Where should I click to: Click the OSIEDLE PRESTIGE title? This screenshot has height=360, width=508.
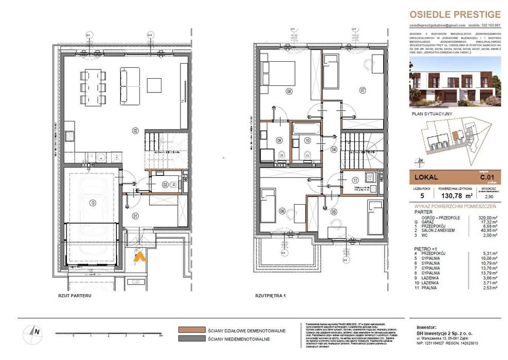(454, 14)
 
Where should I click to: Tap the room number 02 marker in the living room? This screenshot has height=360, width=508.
(136, 131)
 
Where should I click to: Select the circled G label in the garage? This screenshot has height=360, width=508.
(93, 203)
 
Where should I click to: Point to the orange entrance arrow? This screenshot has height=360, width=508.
(138, 257)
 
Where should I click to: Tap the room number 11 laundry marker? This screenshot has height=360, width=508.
(356, 180)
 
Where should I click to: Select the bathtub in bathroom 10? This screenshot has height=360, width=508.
(306, 129)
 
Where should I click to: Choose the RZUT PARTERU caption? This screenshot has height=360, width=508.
(75, 296)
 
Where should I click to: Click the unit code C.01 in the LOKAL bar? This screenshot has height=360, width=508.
(486, 177)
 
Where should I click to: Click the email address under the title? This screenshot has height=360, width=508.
(437, 25)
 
